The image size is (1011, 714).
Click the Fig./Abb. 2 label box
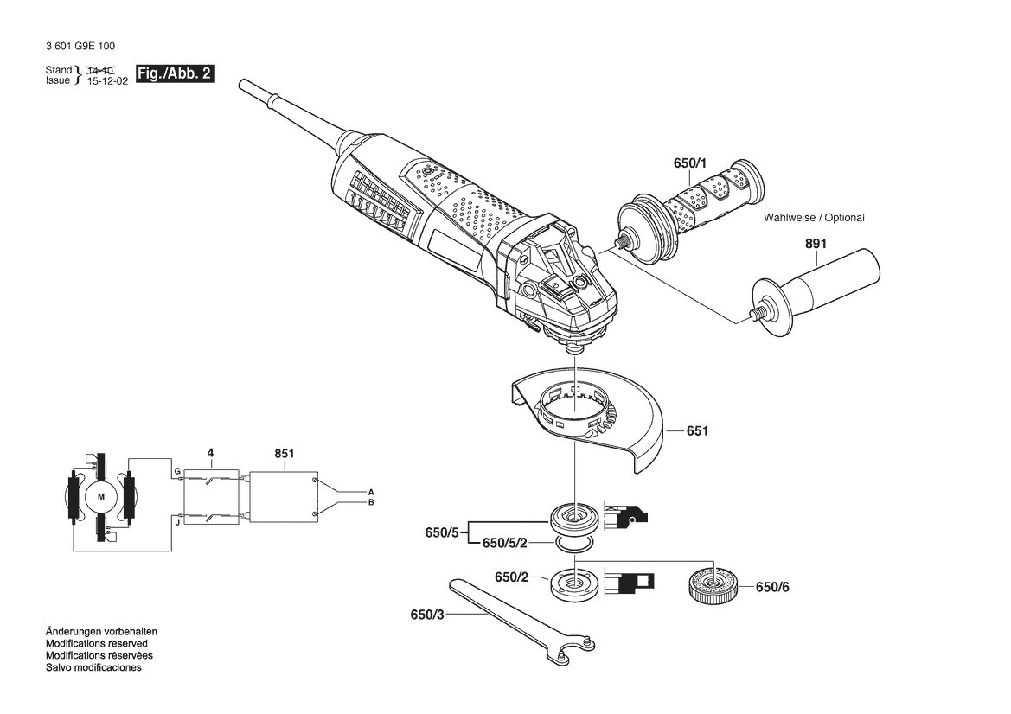click(x=175, y=73)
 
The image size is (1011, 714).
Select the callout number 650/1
click(x=690, y=163)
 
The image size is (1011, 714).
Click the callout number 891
click(x=816, y=244)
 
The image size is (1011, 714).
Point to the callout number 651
click(x=698, y=430)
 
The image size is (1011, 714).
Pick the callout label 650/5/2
click(x=505, y=543)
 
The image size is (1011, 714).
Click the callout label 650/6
click(x=772, y=587)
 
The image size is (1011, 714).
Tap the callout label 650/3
click(x=427, y=615)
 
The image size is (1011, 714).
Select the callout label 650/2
click(x=511, y=577)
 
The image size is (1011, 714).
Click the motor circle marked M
click(x=100, y=496)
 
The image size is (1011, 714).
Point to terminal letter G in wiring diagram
click(x=176, y=472)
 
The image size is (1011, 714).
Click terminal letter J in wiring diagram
click(x=176, y=523)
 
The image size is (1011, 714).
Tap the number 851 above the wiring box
click(x=285, y=454)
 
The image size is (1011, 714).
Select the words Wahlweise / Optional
click(x=814, y=218)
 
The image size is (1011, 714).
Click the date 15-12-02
click(x=108, y=81)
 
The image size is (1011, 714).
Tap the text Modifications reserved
click(x=97, y=644)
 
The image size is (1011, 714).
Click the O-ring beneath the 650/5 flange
click(x=574, y=545)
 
